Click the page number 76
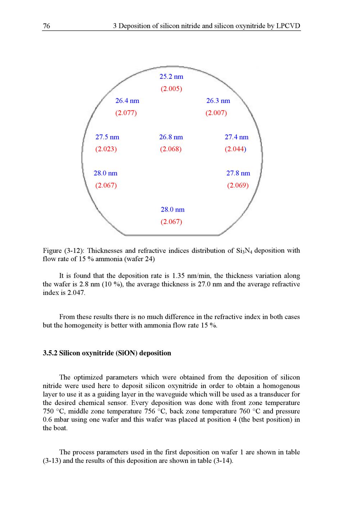point(46,26)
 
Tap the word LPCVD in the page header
point(288,26)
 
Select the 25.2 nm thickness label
point(171,77)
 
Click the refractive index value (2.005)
point(171,89)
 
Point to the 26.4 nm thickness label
point(127,101)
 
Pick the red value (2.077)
point(126,113)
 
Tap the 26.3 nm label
point(218,101)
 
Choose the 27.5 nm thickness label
point(107,137)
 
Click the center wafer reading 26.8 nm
point(171,137)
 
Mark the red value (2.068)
point(171,149)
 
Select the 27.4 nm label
point(237,137)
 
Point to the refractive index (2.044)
point(235,149)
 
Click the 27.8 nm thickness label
point(238,173)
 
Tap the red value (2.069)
point(238,186)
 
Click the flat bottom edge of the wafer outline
point(172,235)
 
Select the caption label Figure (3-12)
point(64,251)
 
